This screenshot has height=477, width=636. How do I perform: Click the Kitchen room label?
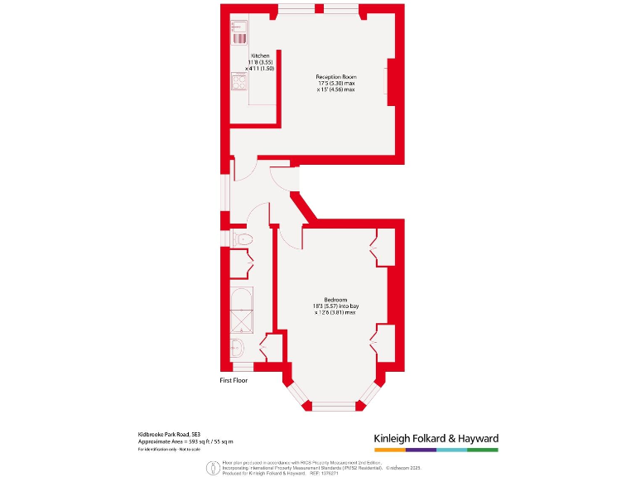[260, 55]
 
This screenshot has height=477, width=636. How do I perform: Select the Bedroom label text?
[335, 300]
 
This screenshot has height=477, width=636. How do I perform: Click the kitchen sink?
[239, 32]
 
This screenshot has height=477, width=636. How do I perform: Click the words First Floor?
[234, 381]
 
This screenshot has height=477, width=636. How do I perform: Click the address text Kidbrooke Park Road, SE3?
[169, 434]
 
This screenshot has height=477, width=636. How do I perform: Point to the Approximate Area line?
[185, 441]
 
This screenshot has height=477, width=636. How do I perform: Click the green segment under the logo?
[483, 450]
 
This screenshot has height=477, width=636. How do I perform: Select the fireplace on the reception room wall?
[389, 82]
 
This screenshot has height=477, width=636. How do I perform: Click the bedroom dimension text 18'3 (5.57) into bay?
[335, 306]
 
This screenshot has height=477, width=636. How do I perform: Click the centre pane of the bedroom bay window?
[335, 406]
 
